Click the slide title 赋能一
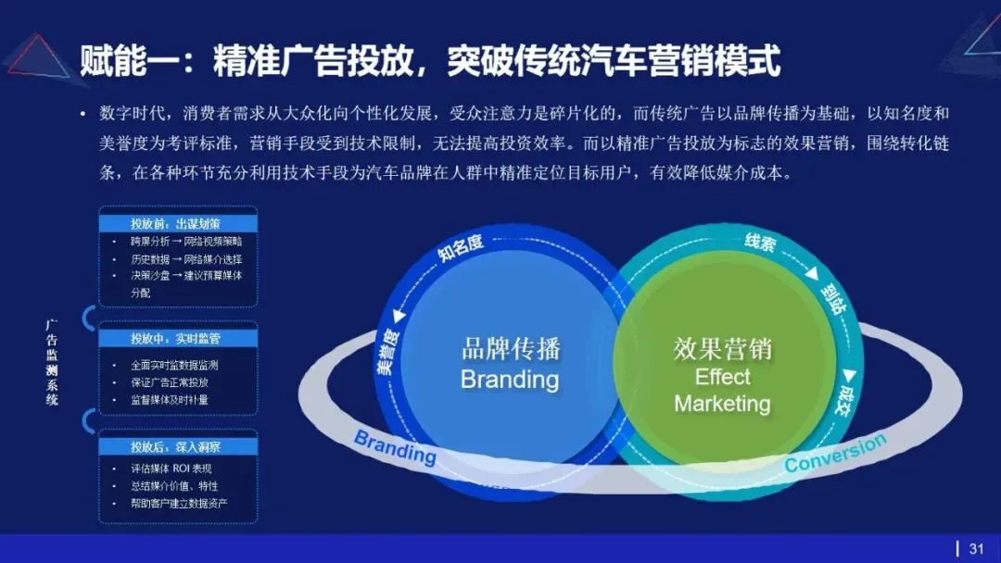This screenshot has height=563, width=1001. coord(429,60)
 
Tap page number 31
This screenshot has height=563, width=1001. coord(975,548)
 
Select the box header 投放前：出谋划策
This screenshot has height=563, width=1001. coord(175,223)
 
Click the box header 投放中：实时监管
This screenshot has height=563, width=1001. coord(175,338)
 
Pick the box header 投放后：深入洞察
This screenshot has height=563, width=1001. coord(175,446)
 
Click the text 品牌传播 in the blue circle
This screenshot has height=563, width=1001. coord(510,349)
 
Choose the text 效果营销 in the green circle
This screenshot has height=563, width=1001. coord(722,349)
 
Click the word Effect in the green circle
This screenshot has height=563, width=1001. coord(722,377)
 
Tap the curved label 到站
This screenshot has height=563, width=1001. coord(830,299)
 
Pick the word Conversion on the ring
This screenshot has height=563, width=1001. coord(835,453)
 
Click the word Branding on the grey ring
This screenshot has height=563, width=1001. coord(395,448)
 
